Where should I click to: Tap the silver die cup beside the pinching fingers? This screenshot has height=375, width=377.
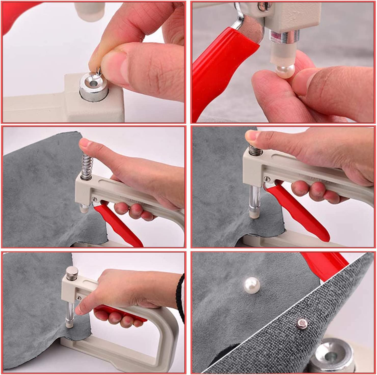tap(93, 87)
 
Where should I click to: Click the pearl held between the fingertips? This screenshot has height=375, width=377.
tap(286, 72)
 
